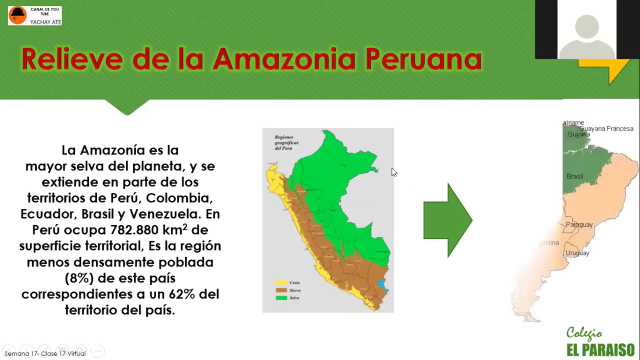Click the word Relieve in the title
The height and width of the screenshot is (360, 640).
pos(71,59)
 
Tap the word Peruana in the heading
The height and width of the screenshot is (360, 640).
pos(423,59)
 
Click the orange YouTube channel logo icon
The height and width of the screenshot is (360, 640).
pos(17,15)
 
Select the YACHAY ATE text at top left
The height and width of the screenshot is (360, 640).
pos(45,22)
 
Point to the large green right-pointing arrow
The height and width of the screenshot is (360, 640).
pos(447,220)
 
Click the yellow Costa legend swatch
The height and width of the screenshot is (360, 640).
pos(281,282)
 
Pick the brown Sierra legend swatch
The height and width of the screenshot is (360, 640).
pos(281,290)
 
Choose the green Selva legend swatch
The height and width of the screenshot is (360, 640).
pos(281,297)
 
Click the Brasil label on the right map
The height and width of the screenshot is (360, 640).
pos(574,176)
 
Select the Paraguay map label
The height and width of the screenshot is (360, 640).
pos(579,224)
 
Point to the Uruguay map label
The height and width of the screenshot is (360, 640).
pos(577,253)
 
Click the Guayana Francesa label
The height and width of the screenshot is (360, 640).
pos(606,128)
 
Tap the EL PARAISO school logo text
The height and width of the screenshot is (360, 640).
pos(600,349)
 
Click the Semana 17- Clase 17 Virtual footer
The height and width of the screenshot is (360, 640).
pos(45,353)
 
